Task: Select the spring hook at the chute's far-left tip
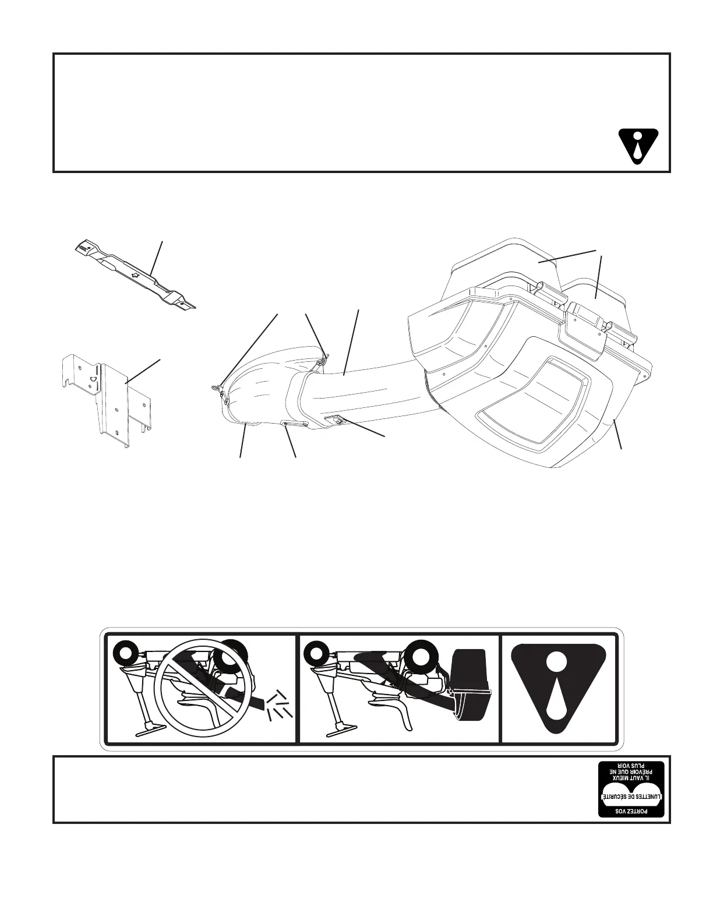pyautogui.click(x=217, y=386)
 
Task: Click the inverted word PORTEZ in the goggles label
pyautogui.click(x=631, y=811)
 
